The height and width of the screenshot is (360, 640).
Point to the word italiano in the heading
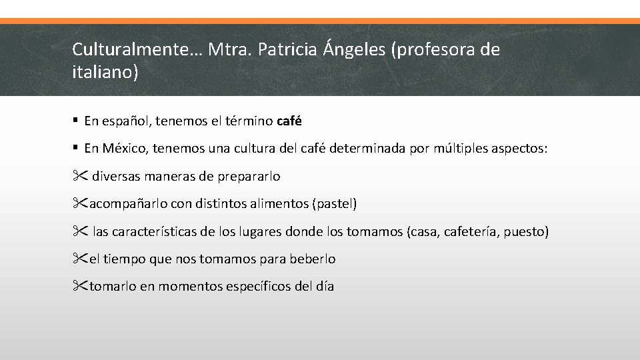(x=103, y=72)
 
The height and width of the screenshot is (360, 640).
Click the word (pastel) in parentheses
(x=334, y=204)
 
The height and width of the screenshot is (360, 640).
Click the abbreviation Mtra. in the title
(x=227, y=49)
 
